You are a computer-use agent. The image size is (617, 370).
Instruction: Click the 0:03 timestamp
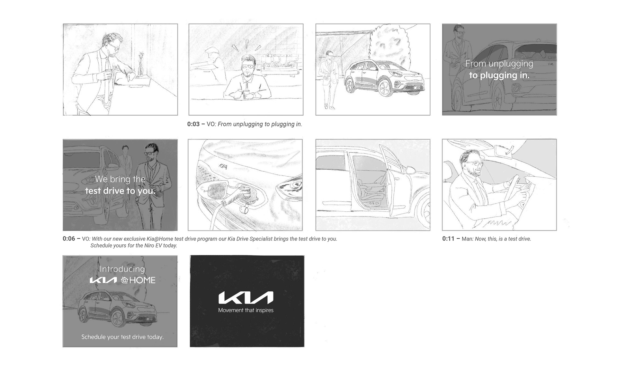pos(193,124)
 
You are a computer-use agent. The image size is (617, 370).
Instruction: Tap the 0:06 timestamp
pos(69,239)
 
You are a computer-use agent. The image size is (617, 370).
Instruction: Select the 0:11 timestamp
pos(448,239)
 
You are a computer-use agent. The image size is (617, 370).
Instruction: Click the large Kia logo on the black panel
pos(246,298)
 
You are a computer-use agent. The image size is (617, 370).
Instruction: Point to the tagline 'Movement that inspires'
pos(246,310)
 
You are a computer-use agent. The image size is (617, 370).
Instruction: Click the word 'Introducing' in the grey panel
pos(122,269)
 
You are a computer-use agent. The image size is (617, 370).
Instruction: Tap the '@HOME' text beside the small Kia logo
pos(138,280)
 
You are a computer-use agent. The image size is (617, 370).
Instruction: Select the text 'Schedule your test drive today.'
pos(122,337)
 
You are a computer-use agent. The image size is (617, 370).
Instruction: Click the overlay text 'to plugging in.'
pos(499,75)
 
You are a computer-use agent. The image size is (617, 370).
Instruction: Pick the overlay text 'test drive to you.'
pos(120,191)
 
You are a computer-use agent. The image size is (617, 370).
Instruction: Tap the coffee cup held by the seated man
pos(246,93)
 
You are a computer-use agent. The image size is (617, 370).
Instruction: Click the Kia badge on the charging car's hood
pos(223,166)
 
